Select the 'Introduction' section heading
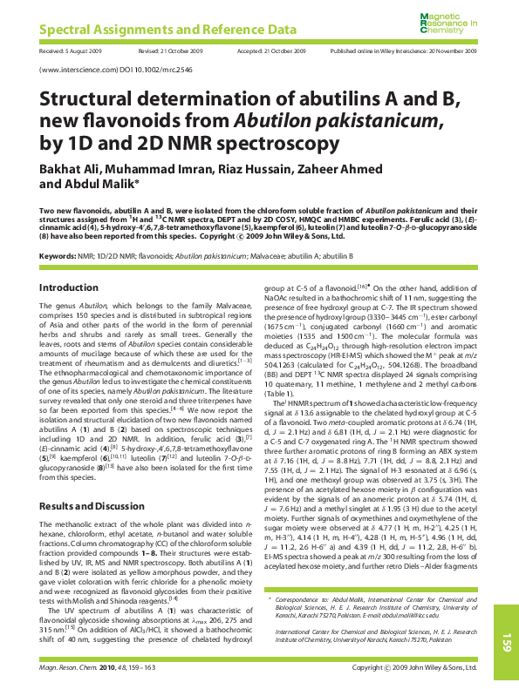tap(70, 287)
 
